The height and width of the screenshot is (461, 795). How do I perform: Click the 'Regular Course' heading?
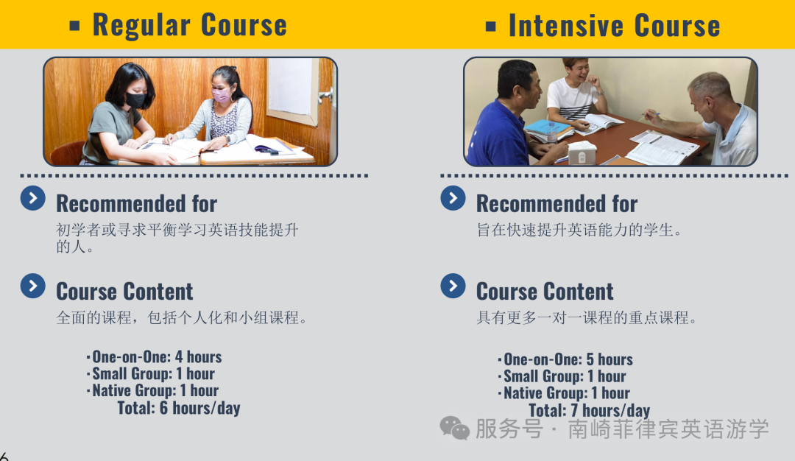(x=190, y=25)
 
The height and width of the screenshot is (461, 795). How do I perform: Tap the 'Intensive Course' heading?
(x=615, y=25)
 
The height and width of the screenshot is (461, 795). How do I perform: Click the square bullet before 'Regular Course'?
(x=74, y=25)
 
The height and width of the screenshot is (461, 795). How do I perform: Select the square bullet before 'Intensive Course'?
(x=490, y=26)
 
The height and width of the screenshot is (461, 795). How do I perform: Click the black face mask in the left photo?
(x=136, y=99)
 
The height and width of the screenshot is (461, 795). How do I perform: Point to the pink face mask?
(x=222, y=96)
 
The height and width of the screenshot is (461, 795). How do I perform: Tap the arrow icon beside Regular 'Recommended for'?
(x=33, y=198)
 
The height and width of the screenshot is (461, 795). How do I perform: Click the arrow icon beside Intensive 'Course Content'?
(x=453, y=286)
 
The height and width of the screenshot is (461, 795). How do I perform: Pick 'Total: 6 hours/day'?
(x=179, y=408)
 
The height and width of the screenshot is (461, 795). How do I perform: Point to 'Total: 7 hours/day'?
(x=589, y=409)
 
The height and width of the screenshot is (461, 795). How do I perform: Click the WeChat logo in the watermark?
(x=455, y=429)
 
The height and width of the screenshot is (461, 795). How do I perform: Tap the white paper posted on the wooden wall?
(x=290, y=86)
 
